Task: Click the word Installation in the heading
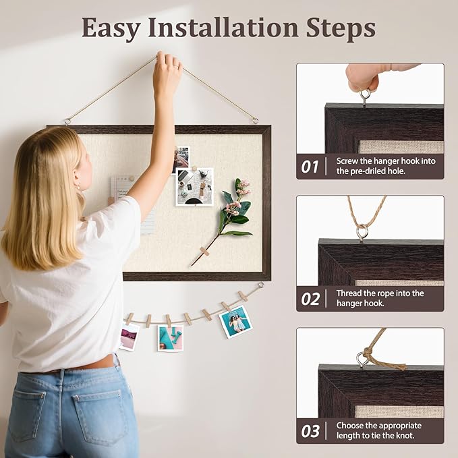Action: (x=223, y=28)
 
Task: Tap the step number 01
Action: (x=310, y=167)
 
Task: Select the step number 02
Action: (x=310, y=299)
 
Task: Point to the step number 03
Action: (x=310, y=431)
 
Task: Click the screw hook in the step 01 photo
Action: (x=364, y=98)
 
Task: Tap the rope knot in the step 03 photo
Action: (x=368, y=355)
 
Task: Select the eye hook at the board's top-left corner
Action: (x=67, y=121)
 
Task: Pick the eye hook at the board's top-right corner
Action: (x=255, y=120)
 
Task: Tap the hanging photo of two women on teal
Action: (x=235, y=322)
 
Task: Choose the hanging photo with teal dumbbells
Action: (x=170, y=338)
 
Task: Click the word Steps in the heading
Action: (x=341, y=28)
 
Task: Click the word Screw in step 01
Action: (x=347, y=161)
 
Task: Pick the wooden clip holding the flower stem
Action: (x=204, y=252)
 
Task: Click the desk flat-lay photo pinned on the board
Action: (x=194, y=187)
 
